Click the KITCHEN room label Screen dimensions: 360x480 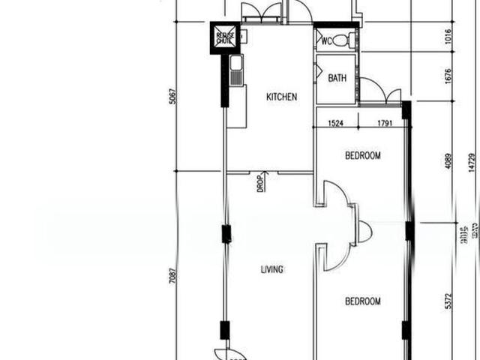pyautogui.click(x=281, y=97)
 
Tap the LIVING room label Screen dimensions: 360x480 pyautogui.click(x=271, y=270)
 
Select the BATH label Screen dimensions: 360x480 pyautogui.click(x=337, y=77)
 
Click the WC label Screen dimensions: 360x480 pyautogui.click(x=327, y=40)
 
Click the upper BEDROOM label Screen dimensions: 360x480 pyautogui.click(x=362, y=156)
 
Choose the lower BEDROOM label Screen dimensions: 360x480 pyautogui.click(x=362, y=301)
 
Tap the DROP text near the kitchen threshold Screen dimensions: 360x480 pyautogui.click(x=259, y=184)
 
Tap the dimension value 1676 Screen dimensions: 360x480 pyautogui.click(x=448, y=76)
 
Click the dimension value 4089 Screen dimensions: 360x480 pyautogui.click(x=448, y=162)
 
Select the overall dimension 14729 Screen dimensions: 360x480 pyautogui.click(x=471, y=163)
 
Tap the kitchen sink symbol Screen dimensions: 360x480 pyautogui.click(x=235, y=71)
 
